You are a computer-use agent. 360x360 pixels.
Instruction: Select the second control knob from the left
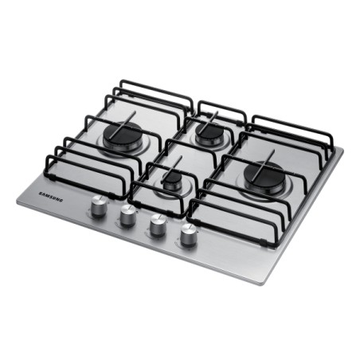pyautogui.click(x=127, y=217)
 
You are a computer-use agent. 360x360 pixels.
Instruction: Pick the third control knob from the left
pyautogui.click(x=157, y=225)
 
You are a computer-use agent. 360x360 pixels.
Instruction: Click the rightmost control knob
pyautogui.click(x=189, y=236)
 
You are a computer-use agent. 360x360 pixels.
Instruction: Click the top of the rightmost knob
pyautogui.click(x=189, y=229)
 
